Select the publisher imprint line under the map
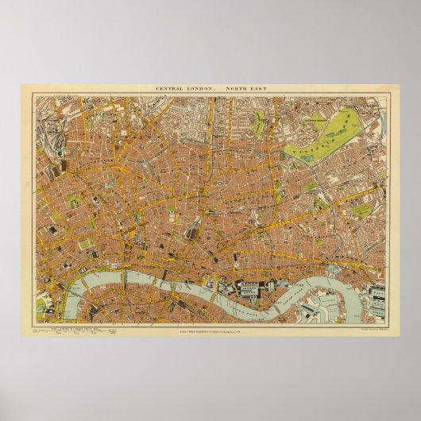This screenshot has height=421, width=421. coord(210,329)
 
